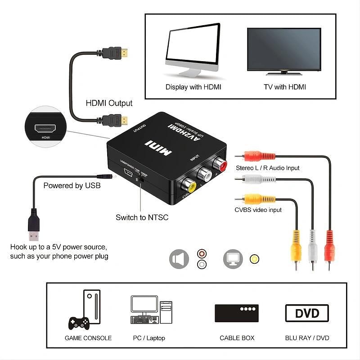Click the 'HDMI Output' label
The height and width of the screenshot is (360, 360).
[109, 103]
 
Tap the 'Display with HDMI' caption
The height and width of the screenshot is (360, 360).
[193, 87]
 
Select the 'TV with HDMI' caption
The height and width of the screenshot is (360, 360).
[284, 87]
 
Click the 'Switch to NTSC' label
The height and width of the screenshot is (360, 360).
[142, 217]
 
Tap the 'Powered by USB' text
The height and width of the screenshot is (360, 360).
[72, 185]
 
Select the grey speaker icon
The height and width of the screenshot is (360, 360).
[179, 259]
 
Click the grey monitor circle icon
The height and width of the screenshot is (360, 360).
[233, 259]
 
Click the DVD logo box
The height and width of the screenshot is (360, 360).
[307, 313]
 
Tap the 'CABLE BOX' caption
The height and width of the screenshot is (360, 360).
[237, 338]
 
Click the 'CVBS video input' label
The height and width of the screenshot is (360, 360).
[258, 210]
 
